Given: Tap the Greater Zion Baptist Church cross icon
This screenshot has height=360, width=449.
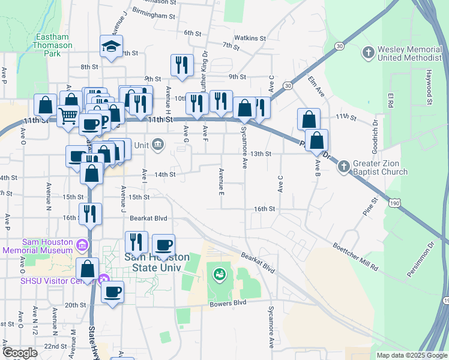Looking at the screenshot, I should (x=343, y=166).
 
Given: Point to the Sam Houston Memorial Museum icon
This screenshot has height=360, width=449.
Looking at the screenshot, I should (x=83, y=245).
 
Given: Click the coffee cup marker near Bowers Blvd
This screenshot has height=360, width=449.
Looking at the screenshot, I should (x=112, y=292).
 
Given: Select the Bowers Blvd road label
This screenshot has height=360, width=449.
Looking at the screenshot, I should (x=228, y=303).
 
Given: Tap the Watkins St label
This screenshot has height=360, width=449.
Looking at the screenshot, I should (x=250, y=38).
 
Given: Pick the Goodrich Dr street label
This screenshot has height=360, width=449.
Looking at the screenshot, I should (x=375, y=131).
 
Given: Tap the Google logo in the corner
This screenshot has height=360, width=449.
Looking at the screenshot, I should (x=20, y=353).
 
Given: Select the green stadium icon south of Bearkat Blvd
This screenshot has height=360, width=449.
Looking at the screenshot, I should (x=219, y=274).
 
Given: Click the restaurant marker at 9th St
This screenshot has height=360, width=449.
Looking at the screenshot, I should (x=181, y=65).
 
